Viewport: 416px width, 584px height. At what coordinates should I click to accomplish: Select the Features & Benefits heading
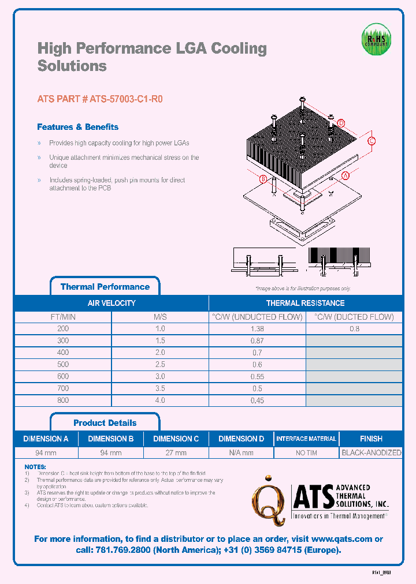77,127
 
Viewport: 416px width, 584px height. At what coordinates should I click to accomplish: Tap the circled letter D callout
341,123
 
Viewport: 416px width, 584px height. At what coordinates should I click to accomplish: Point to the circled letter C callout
372,141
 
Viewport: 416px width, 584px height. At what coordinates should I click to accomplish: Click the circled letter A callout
346,175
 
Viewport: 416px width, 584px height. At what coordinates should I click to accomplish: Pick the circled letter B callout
263,179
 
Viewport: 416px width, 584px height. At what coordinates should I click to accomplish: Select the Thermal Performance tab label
105,287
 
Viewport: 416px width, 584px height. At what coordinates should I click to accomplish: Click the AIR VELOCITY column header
112,303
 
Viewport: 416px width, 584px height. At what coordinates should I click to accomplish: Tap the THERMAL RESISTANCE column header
305,303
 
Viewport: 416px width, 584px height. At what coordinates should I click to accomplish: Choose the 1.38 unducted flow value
257,328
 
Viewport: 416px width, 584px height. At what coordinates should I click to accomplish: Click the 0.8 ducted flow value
354,328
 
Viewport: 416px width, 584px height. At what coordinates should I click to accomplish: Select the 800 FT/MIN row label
63,400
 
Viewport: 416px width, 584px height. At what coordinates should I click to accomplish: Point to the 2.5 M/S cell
160,364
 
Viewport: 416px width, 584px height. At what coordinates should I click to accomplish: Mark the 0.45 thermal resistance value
257,400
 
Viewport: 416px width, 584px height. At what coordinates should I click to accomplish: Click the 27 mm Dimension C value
176,453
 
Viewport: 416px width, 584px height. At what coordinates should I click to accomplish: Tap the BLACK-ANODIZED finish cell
371,453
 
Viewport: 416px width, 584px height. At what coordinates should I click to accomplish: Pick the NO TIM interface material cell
306,453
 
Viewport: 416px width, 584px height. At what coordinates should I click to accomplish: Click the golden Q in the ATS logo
267,499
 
